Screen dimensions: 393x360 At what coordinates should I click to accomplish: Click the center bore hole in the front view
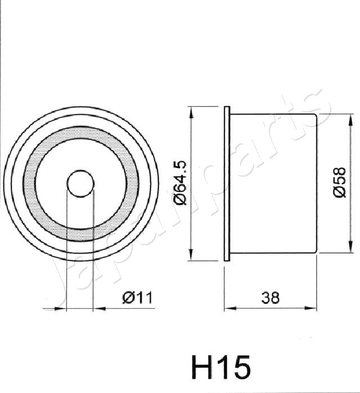point(79,183)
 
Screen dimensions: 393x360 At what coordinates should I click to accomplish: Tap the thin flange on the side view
point(227,183)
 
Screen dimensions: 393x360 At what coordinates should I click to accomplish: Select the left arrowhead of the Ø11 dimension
point(62,308)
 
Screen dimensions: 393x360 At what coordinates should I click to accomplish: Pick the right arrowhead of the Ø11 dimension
point(97,308)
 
